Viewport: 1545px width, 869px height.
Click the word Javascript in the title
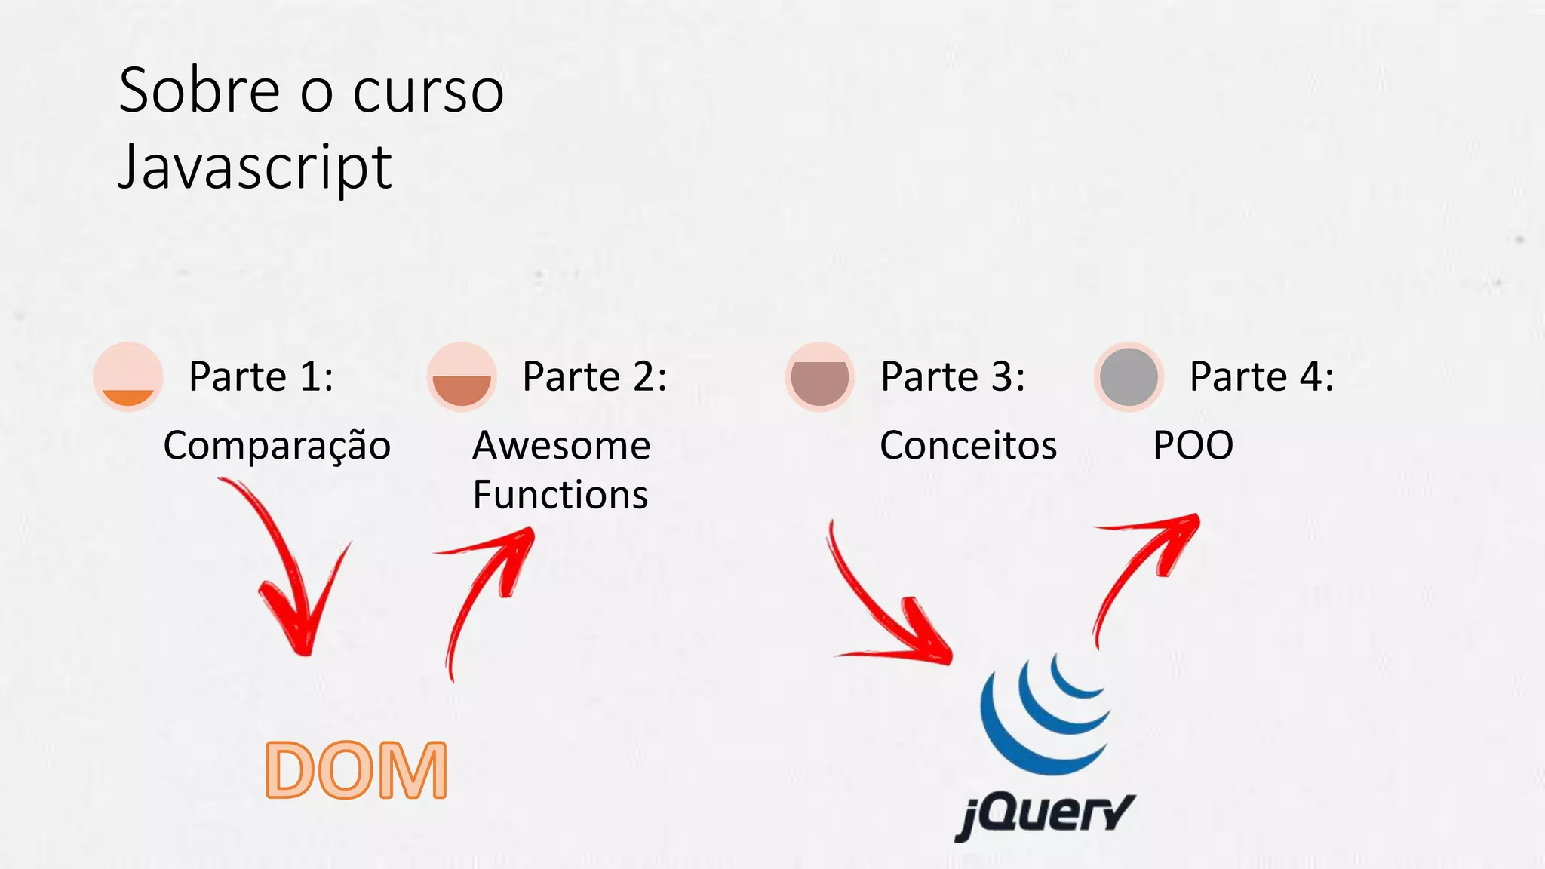[x=255, y=167]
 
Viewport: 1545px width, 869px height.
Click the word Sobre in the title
[x=199, y=91]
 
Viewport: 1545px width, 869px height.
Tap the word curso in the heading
[x=428, y=92]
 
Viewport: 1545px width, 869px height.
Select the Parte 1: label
[x=261, y=376]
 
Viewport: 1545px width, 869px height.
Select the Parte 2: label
[x=594, y=376]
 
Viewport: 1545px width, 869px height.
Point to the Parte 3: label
[x=953, y=376]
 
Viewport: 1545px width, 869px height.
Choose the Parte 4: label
[x=1261, y=376]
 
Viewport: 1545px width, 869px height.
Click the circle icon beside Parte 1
[x=128, y=376]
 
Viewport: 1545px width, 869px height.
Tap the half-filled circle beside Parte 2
[x=462, y=376]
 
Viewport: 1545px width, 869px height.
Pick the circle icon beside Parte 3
[x=820, y=376]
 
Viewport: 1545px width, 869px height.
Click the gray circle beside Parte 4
[x=1129, y=376]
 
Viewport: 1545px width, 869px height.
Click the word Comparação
[x=277, y=446]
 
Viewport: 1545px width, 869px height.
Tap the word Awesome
[x=561, y=446]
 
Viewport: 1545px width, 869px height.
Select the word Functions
[x=561, y=495]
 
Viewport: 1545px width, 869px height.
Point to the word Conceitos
[x=968, y=446]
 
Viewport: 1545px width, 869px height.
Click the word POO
[x=1193, y=446]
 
